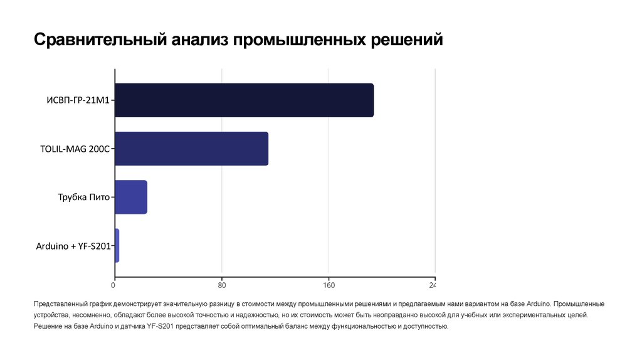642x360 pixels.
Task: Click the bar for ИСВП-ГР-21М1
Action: (245, 100)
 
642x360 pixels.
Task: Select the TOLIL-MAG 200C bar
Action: (191, 149)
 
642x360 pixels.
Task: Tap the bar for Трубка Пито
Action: (131, 197)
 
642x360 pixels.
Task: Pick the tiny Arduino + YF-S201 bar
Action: (117, 245)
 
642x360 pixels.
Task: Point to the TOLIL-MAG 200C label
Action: (75, 149)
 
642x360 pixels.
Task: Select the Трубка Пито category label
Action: (84, 198)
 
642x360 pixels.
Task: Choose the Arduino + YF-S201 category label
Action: (73, 246)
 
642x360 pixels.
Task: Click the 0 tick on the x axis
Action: (113, 286)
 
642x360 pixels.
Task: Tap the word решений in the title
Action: (408, 41)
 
